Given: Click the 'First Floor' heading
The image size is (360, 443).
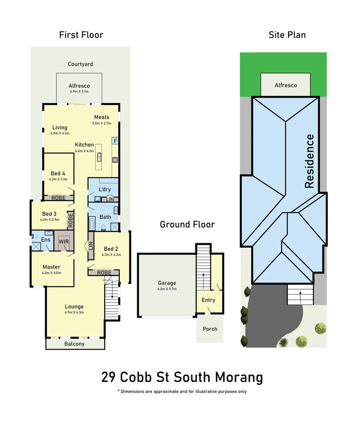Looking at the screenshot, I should pyautogui.click(x=81, y=35).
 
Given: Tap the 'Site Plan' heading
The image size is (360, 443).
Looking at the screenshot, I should pyautogui.click(x=287, y=35).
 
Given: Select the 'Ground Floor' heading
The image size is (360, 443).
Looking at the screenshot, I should pyautogui.click(x=187, y=224).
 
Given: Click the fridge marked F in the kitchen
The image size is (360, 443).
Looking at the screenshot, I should pyautogui.click(x=115, y=141).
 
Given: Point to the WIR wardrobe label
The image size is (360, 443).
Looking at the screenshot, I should pyautogui.click(x=64, y=242).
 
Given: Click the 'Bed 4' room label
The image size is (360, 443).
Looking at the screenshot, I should pyautogui.click(x=58, y=173).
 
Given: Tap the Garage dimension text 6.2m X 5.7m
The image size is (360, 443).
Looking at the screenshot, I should pyautogui.click(x=167, y=289).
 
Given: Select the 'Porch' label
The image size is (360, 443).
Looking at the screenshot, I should pyautogui.click(x=210, y=329).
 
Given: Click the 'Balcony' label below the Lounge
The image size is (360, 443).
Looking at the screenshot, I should pyautogui.click(x=74, y=344).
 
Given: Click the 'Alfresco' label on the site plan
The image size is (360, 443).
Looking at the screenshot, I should pyautogui.click(x=286, y=85).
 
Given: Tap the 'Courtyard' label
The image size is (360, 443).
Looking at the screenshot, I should pyautogui.click(x=80, y=64).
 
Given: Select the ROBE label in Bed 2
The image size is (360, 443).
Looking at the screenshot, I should pyautogui.click(x=104, y=272).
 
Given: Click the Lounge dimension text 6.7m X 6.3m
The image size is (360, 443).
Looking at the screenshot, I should pyautogui.click(x=74, y=312).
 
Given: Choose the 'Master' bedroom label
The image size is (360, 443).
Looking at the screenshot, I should pyautogui.click(x=51, y=267).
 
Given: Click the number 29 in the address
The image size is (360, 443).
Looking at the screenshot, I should pyautogui.click(x=110, y=377).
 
